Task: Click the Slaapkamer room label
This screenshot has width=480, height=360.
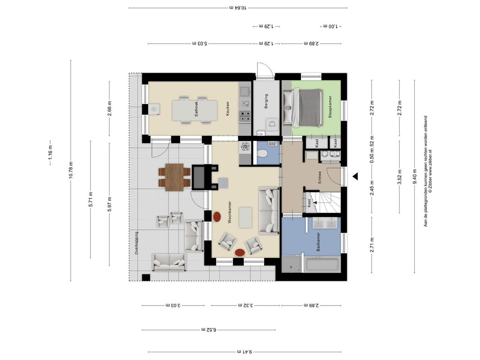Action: pyautogui.click(x=330, y=107)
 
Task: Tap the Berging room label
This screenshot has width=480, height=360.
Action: pyautogui.click(x=266, y=101)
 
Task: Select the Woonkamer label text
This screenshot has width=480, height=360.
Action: pyautogui.click(x=229, y=212)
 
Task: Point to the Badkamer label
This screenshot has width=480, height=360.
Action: pyautogui.click(x=318, y=242)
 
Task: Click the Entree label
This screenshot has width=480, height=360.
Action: pyautogui.click(x=319, y=177)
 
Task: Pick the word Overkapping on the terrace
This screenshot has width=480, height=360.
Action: pyautogui.click(x=136, y=243)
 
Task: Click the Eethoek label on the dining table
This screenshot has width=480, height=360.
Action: pyautogui.click(x=196, y=108)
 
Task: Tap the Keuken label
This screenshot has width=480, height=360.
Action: pyautogui.click(x=228, y=108)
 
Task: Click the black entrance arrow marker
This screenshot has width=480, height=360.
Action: pyautogui.click(x=355, y=176)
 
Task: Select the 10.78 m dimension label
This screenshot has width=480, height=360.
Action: pyautogui.click(x=71, y=170)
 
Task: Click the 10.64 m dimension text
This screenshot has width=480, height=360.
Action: pyautogui.click(x=238, y=8)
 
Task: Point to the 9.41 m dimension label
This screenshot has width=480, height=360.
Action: pyautogui.click(x=245, y=352)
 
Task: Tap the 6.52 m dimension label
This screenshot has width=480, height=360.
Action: pyautogui.click(x=209, y=330)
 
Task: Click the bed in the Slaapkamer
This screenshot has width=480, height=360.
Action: pyautogui.click(x=302, y=108)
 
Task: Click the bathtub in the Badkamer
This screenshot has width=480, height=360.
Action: pyautogui.click(x=323, y=265)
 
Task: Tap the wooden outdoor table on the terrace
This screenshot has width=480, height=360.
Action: pyautogui.click(x=174, y=177)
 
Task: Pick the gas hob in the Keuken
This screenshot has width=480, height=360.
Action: pyautogui.click(x=245, y=117)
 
